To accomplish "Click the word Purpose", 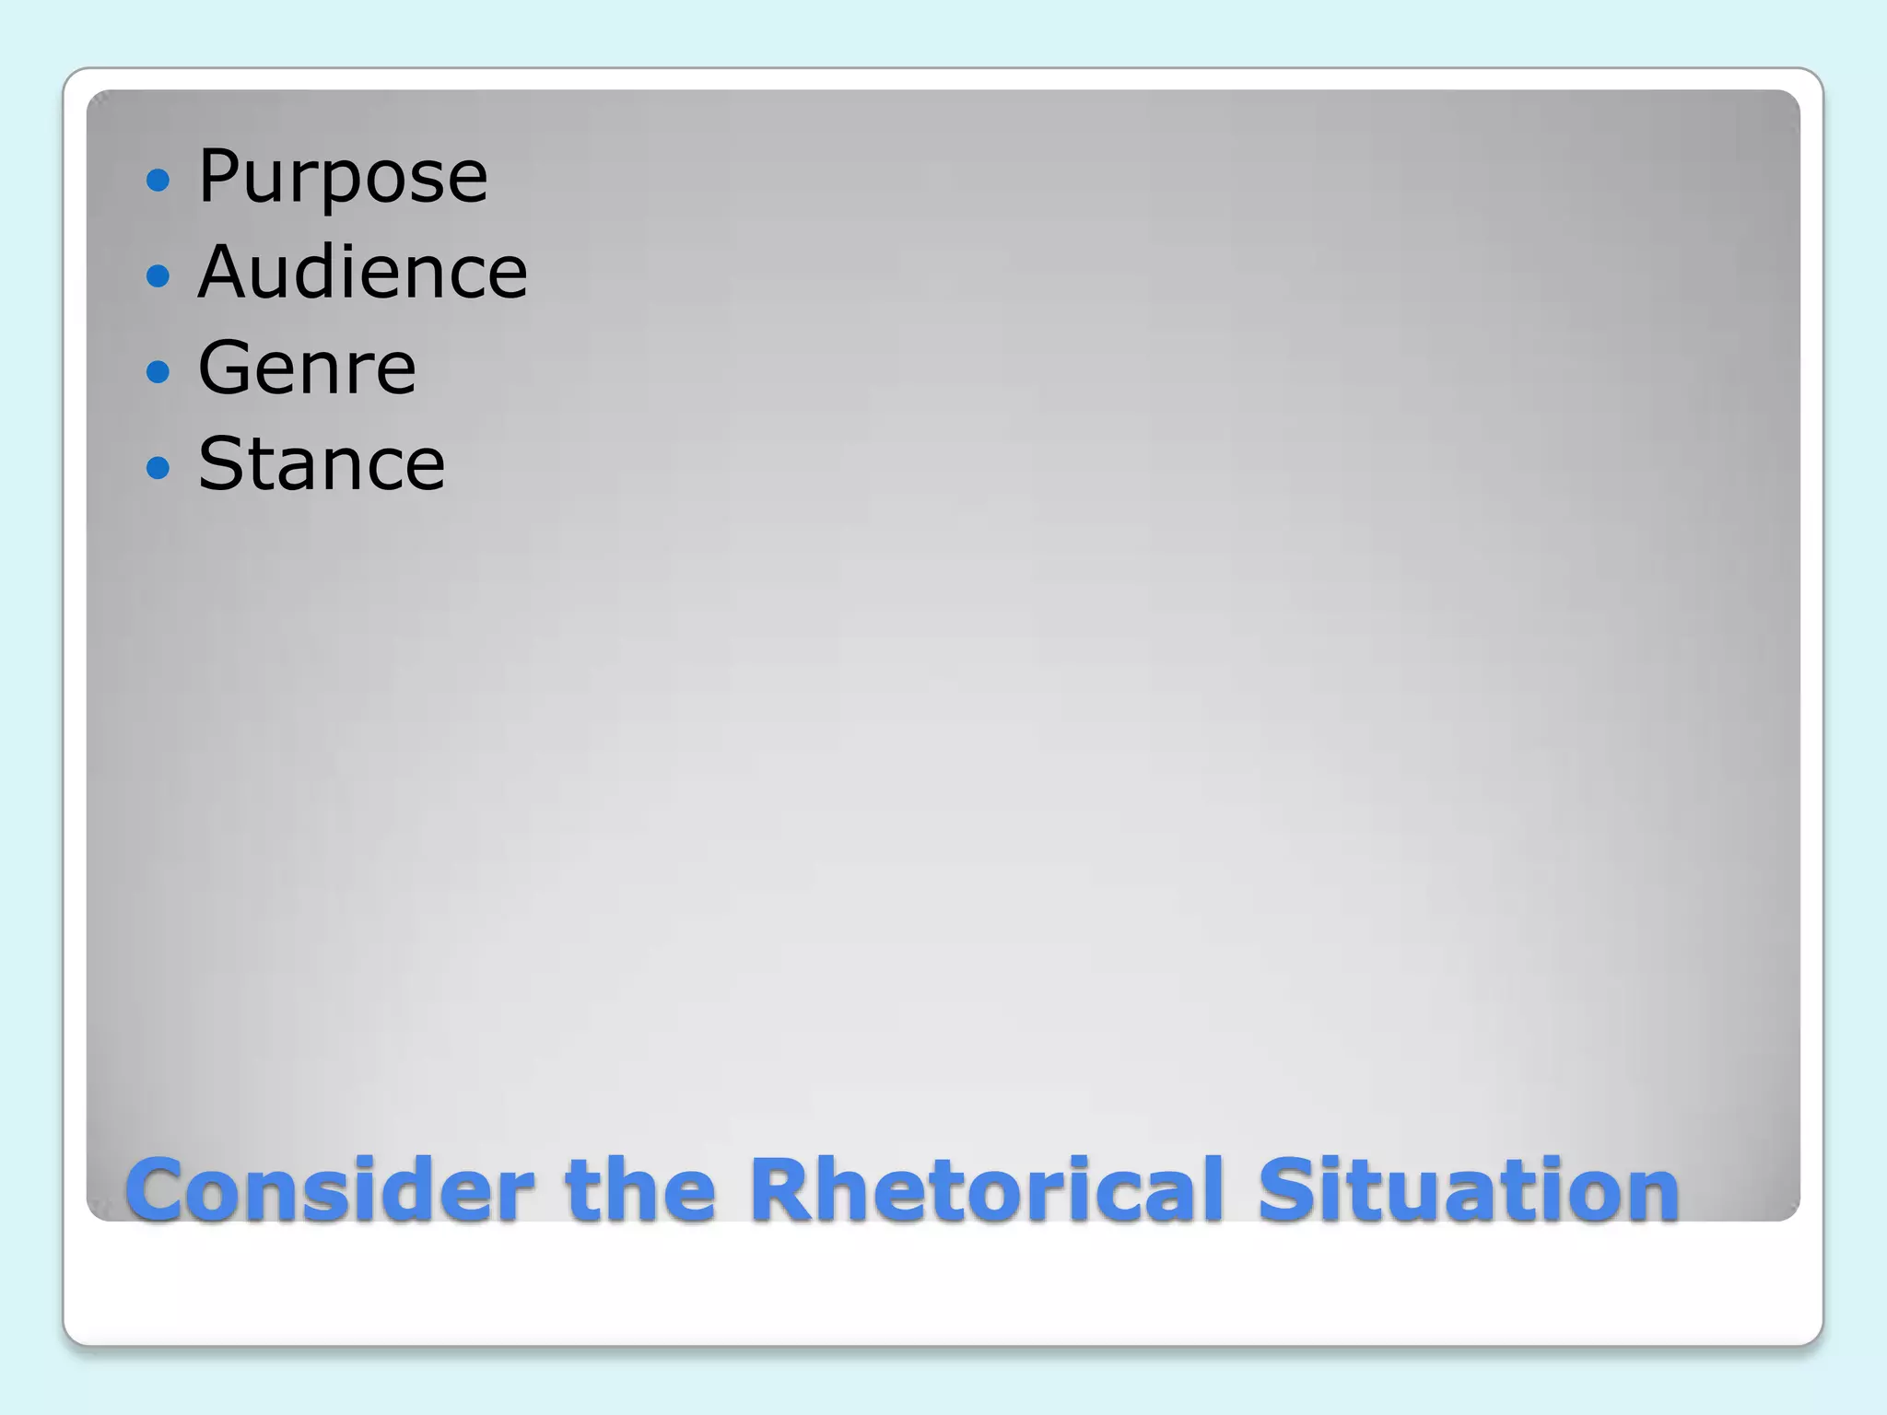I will [x=342, y=176].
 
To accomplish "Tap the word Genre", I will [x=307, y=368].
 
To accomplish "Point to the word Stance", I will [x=321, y=463].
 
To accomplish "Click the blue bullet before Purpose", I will [x=158, y=179].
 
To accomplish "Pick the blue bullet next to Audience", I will [x=158, y=275].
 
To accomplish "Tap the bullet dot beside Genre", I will [x=158, y=371].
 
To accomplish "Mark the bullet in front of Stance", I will [x=158, y=467].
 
